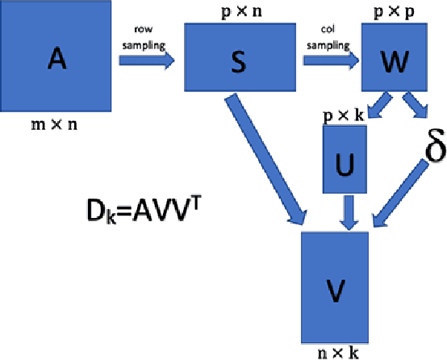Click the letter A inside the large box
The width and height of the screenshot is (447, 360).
click(56, 57)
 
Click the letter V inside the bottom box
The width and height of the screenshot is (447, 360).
click(335, 288)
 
